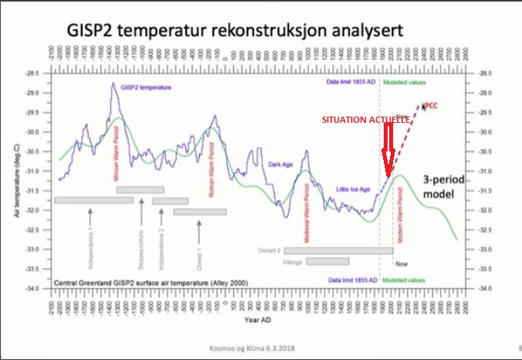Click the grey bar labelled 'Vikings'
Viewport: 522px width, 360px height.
tap(327, 261)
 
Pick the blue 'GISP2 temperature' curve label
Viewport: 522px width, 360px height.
tap(150, 87)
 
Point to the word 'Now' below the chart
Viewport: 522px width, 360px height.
tap(402, 263)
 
